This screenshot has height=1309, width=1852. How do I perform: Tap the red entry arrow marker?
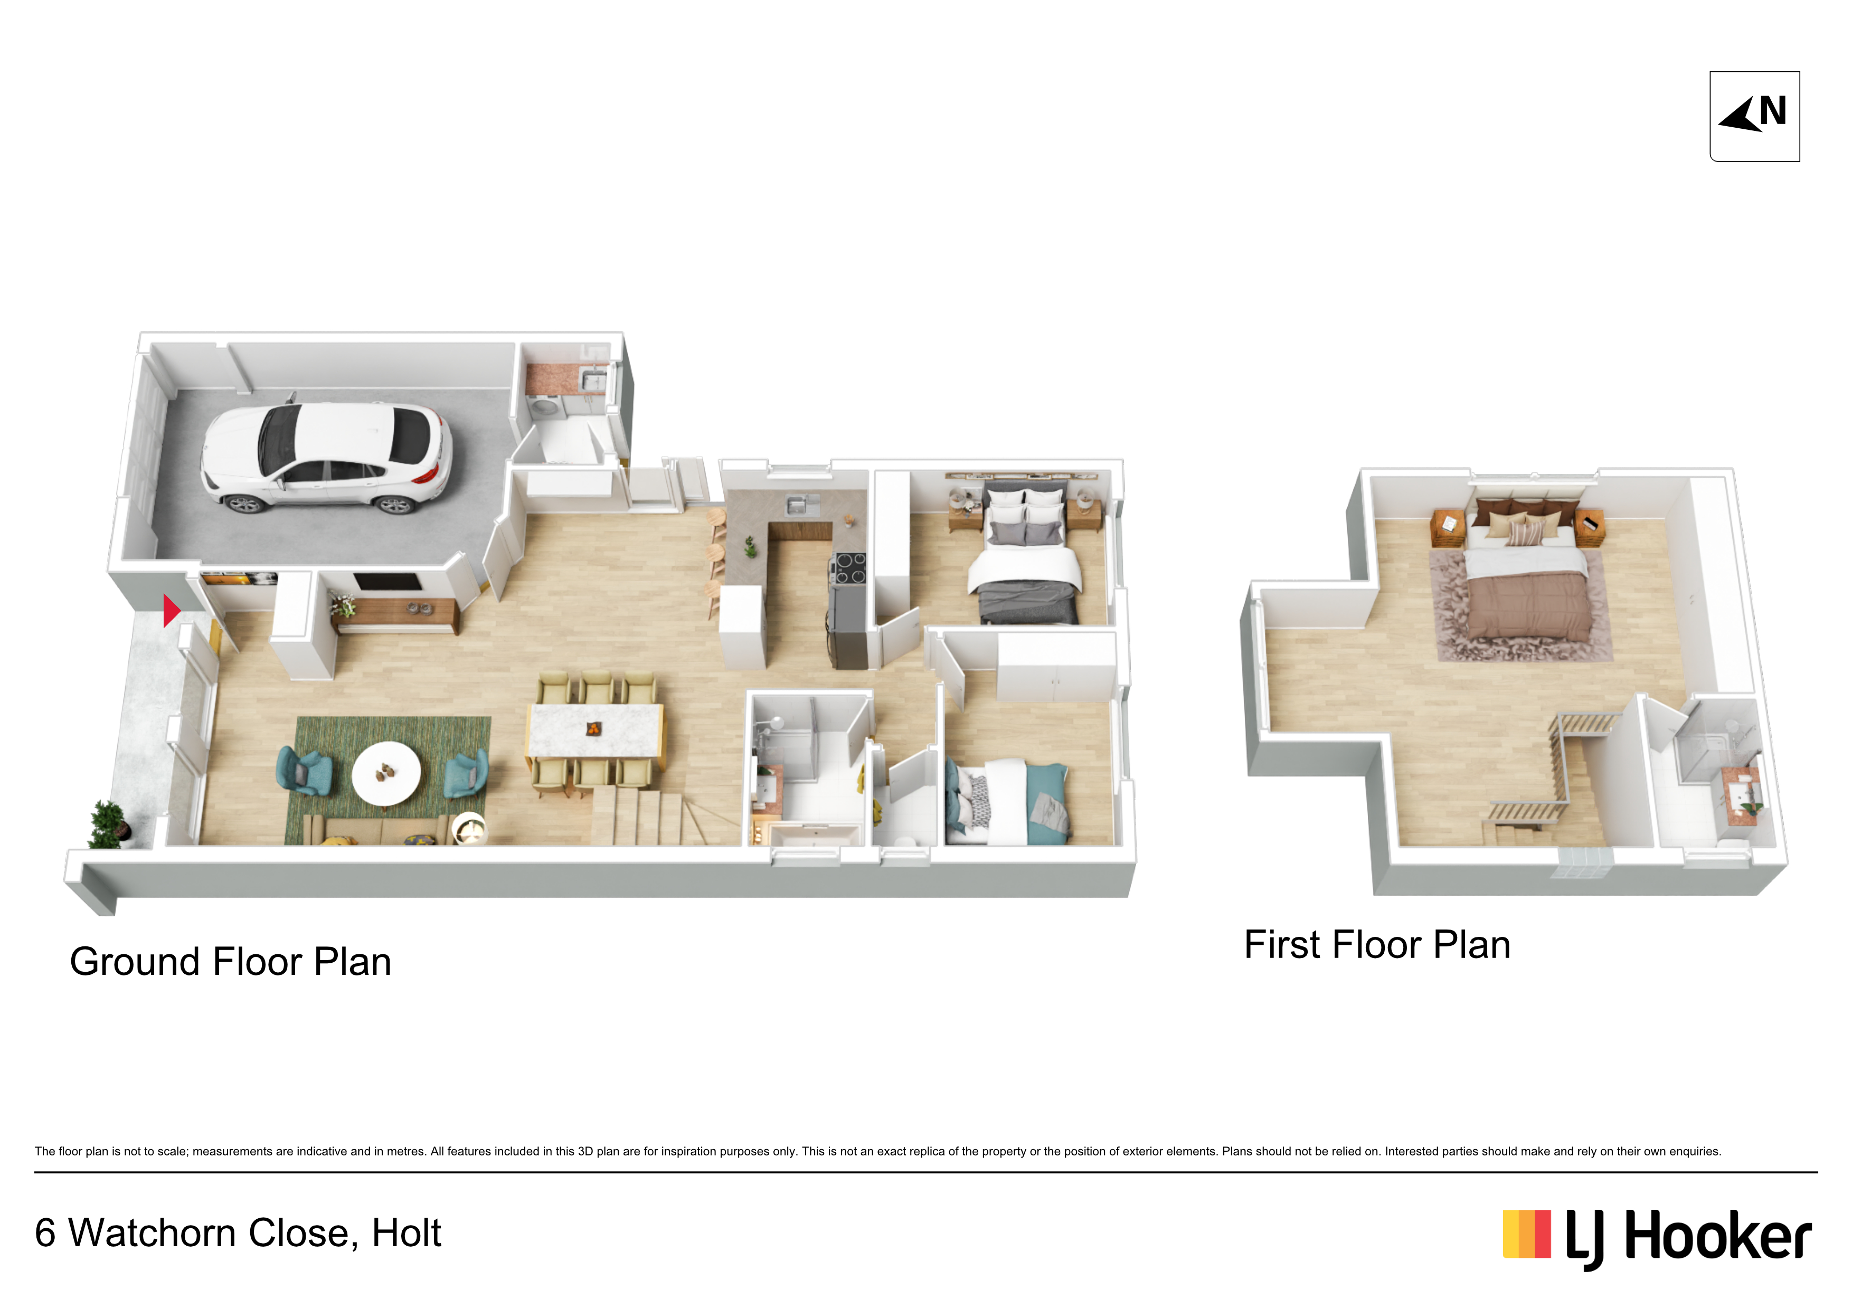[x=171, y=611]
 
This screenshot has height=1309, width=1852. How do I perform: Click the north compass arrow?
[x=1742, y=115]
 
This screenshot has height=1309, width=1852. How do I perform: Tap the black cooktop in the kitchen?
[x=849, y=567]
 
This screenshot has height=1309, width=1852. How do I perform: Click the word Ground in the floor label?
[x=135, y=961]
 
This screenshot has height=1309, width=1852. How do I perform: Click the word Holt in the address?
[x=406, y=1232]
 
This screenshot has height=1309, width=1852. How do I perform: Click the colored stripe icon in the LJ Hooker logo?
[x=1526, y=1234]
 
